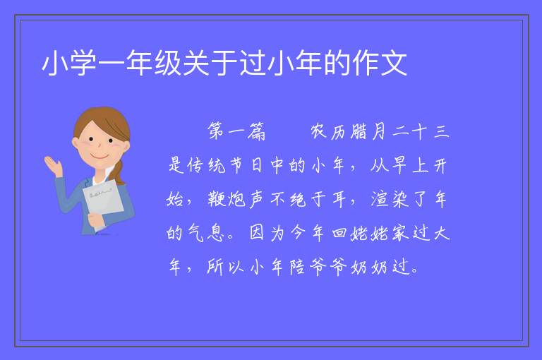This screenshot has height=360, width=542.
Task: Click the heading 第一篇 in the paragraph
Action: click(237, 131)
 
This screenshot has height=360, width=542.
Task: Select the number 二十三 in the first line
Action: click(421, 131)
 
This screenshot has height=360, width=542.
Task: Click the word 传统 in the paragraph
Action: click(207, 165)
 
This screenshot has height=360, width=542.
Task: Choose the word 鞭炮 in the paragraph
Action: click(227, 199)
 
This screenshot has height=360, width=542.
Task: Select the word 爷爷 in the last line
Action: click(327, 267)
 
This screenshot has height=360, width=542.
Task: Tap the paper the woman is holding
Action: click(103, 201)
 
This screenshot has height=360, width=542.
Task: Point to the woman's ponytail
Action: click(119, 172)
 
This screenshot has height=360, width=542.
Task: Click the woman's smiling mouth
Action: click(100, 157)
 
